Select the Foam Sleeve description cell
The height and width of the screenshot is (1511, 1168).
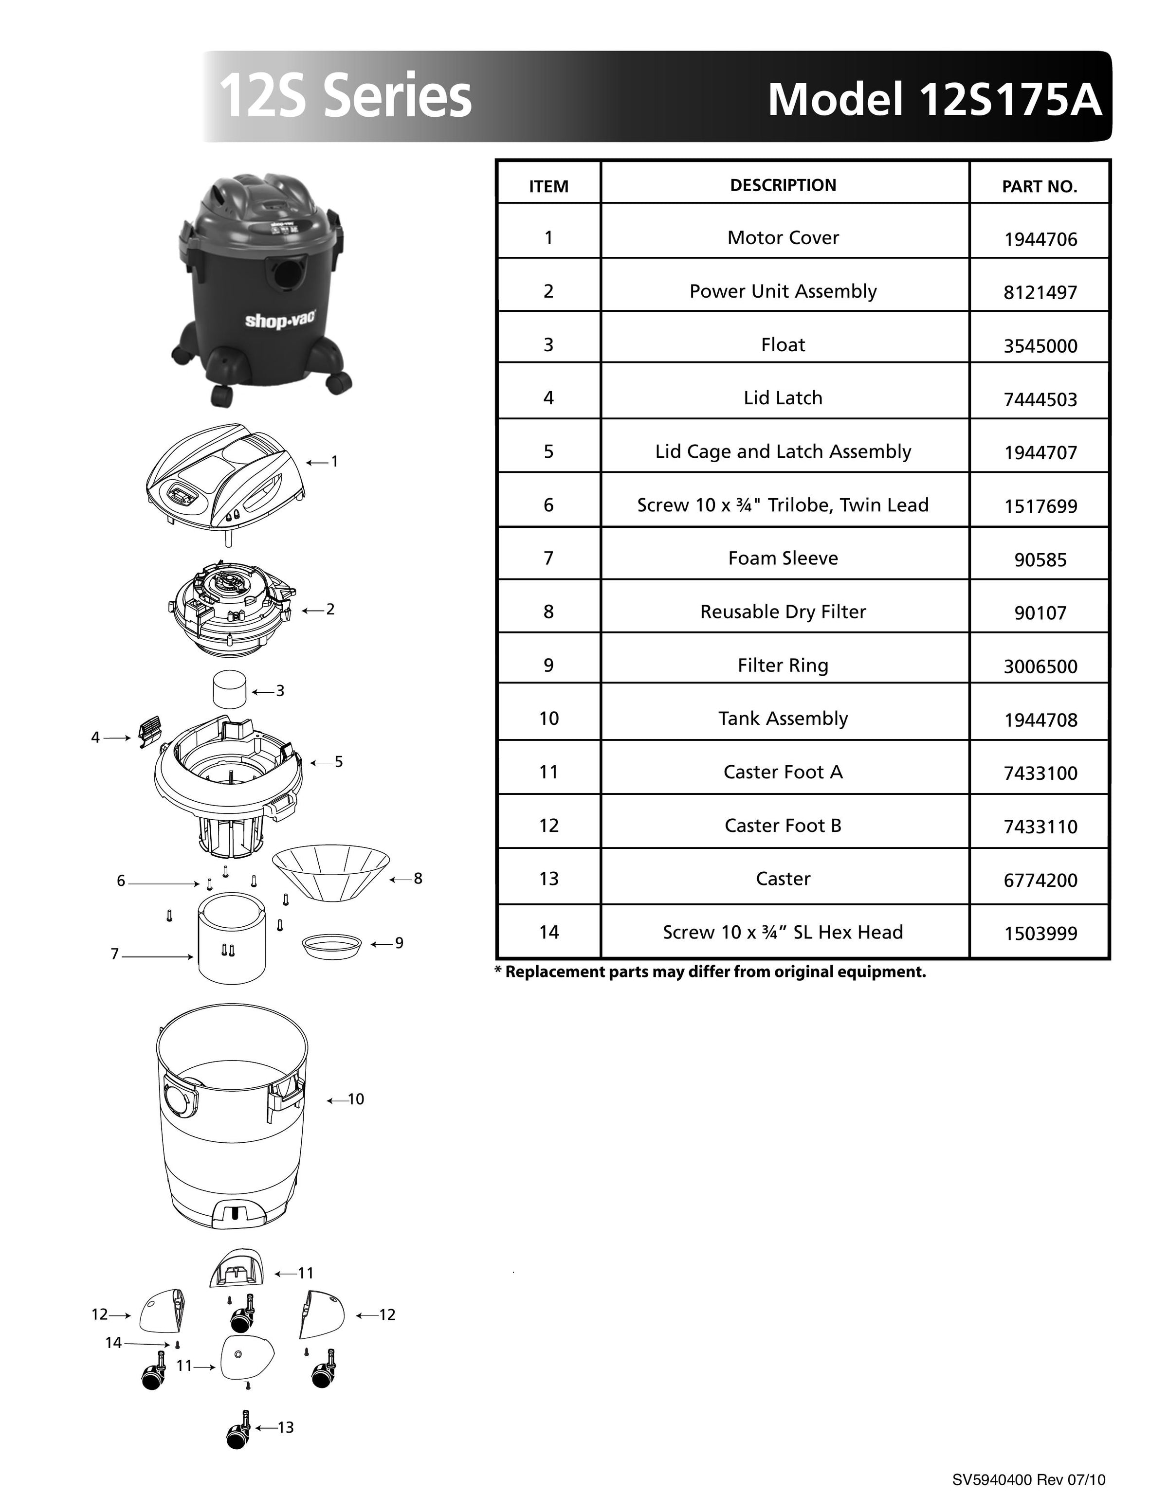(x=783, y=558)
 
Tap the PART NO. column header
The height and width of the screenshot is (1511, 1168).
(x=1040, y=186)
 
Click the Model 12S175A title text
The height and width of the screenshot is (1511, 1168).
(x=934, y=99)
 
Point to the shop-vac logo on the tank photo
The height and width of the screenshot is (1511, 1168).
(x=280, y=320)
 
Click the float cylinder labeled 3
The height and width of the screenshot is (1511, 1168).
(x=230, y=689)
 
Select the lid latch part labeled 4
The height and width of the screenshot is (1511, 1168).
(x=149, y=731)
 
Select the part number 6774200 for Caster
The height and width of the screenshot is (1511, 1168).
(x=1040, y=880)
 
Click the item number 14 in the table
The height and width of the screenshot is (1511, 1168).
(x=548, y=932)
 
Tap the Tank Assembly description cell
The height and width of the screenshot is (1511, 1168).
(x=783, y=718)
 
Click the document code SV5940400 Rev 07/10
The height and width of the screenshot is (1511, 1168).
(x=1028, y=1480)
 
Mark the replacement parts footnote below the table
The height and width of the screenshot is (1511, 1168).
(x=710, y=971)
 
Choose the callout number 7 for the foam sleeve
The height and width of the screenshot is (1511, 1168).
(x=115, y=954)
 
